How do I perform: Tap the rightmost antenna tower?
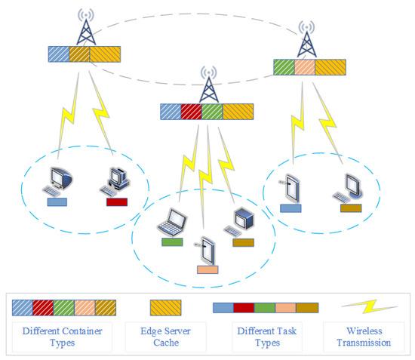(306, 38)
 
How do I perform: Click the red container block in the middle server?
(192, 112)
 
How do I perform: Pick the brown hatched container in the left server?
(79, 54)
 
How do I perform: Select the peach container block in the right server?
(304, 67)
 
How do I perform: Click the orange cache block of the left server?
(105, 54)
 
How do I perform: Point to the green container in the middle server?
(213, 112)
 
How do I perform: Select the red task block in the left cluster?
(117, 202)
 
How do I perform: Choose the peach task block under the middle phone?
(207, 269)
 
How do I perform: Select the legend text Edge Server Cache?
(168, 337)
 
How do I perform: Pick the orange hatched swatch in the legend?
(168, 307)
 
